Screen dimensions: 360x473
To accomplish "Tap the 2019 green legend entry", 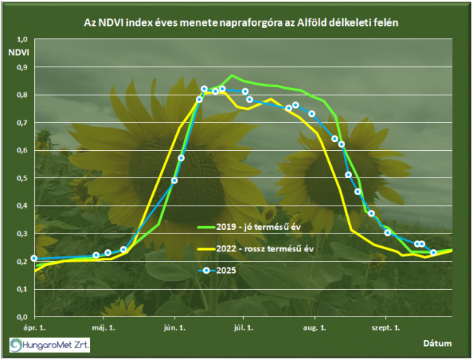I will (x=256, y=225).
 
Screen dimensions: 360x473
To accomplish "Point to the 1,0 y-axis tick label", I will (x=21, y=39).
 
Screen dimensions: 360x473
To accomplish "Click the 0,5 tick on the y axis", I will (x=21, y=178).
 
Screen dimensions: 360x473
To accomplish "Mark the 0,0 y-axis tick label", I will (x=21, y=316).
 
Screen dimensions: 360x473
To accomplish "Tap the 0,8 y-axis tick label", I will (x=21, y=95).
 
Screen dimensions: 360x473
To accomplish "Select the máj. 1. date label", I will (x=101, y=327).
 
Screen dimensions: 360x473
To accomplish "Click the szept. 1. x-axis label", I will (x=386, y=327).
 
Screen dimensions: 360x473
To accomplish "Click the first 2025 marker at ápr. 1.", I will (x=34, y=258).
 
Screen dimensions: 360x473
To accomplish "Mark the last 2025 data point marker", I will (x=434, y=253).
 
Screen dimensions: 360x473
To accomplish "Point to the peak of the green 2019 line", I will (x=232, y=75).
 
